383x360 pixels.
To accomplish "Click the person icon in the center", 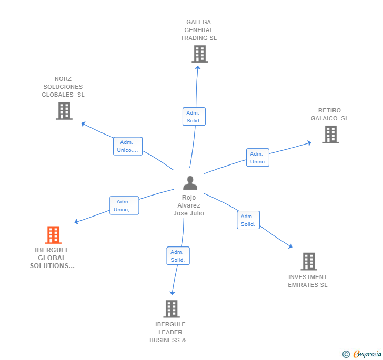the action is tap(190, 183).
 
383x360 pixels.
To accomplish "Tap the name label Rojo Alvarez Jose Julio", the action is tap(189, 205).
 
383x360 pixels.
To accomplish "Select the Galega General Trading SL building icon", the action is tap(199, 54).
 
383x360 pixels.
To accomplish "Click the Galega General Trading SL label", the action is tap(198, 30).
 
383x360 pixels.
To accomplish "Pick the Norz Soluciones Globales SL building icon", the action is tap(64, 111).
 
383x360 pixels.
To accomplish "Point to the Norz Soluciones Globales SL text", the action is tap(63, 87).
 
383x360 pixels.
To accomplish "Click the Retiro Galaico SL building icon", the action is tap(330, 135).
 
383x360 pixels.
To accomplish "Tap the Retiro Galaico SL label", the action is tap(329, 115).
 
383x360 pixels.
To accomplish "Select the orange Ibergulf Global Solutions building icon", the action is tap(53, 235).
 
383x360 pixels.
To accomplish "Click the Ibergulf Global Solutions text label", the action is tap(52, 258).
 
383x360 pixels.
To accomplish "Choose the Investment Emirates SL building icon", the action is tap(308, 261).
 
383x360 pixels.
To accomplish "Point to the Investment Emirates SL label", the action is tap(307, 281).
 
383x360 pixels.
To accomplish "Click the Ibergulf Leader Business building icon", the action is tap(172, 308).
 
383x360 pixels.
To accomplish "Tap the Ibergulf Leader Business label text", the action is tap(170, 332).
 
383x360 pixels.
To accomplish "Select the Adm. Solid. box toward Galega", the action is tap(194, 117).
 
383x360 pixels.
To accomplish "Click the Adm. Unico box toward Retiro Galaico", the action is tap(257, 158).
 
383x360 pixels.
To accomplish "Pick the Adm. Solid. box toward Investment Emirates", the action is tap(248, 220).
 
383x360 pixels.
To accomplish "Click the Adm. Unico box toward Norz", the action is tap(128, 146).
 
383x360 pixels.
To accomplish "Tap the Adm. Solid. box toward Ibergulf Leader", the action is tap(178, 256).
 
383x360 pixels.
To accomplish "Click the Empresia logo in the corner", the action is tap(362, 354).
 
